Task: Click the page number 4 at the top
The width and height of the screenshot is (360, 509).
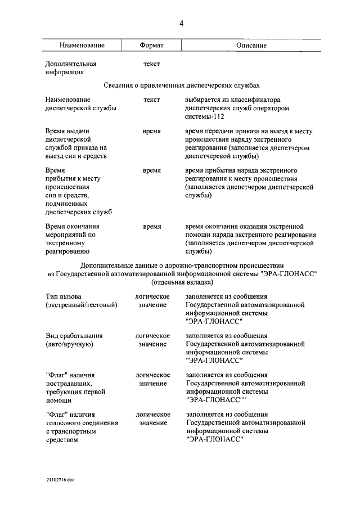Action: [x=181, y=23]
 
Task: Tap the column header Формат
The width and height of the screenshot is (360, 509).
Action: [x=151, y=45]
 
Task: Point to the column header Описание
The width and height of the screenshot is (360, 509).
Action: [x=250, y=45]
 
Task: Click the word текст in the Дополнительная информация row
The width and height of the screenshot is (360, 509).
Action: [x=151, y=64]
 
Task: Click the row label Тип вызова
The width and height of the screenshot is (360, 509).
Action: [x=63, y=296]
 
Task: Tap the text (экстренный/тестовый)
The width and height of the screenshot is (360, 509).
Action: [x=82, y=305]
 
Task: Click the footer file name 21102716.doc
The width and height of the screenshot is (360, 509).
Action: [x=60, y=481]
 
